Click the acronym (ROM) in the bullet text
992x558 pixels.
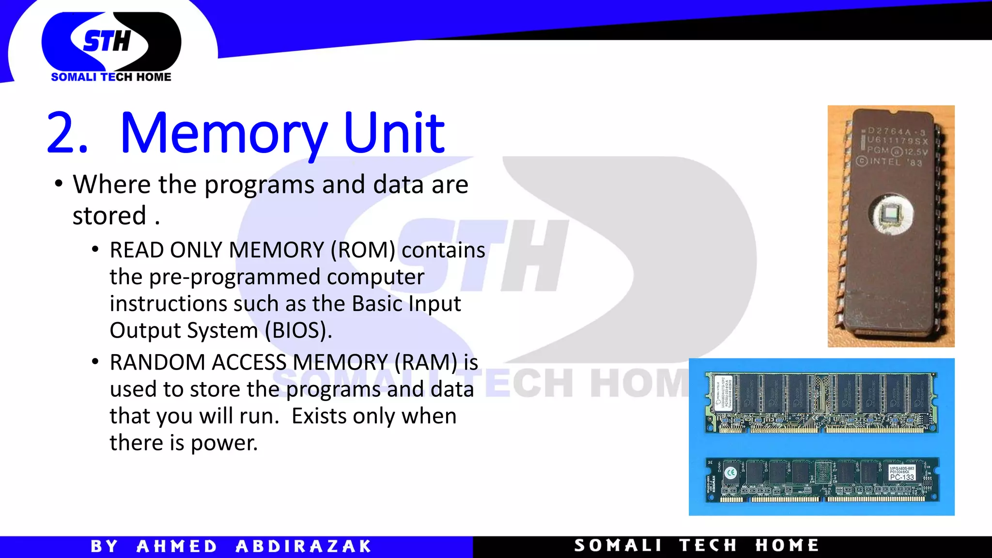click(x=363, y=250)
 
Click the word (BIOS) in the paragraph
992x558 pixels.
click(x=298, y=331)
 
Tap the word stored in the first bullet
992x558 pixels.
click(x=109, y=216)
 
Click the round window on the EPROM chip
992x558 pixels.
click(x=891, y=214)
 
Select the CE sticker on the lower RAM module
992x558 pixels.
click(x=731, y=472)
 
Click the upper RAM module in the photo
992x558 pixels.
click(x=821, y=402)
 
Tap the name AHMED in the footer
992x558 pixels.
click(x=177, y=546)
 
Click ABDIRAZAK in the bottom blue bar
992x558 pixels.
click(x=303, y=546)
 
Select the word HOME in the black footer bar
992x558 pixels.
click(x=787, y=545)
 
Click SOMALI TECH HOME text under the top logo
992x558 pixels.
click(x=111, y=77)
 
